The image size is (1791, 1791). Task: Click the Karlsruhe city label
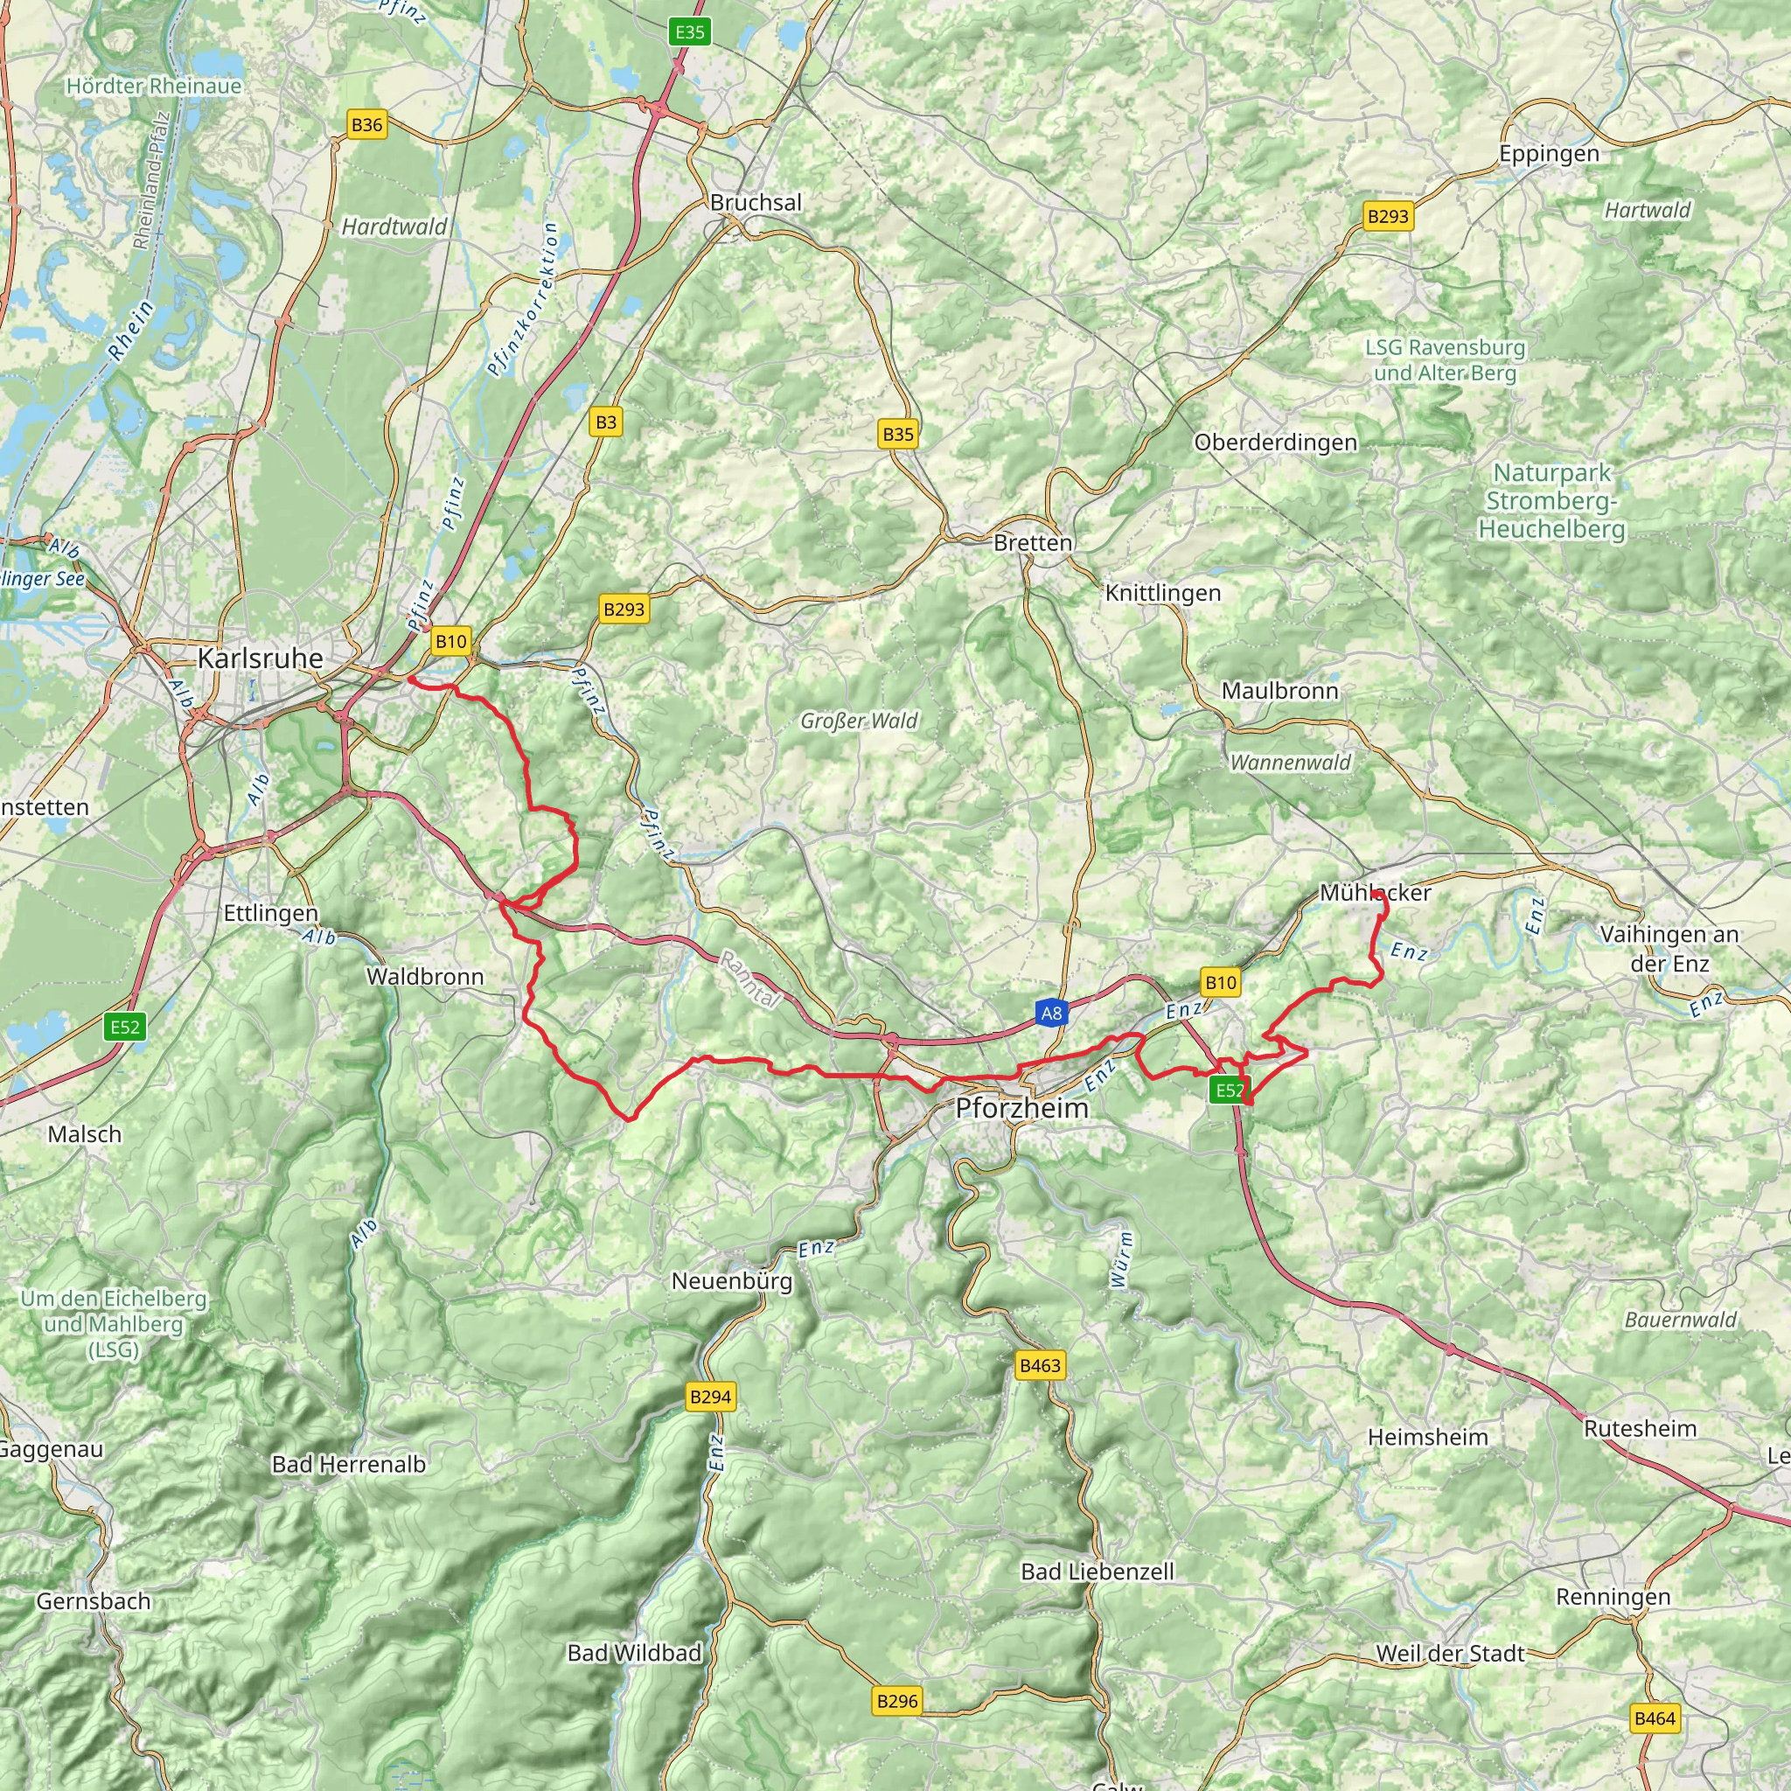(261, 659)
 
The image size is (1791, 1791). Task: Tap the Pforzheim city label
(1021, 1108)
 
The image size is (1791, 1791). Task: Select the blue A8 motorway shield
(1051, 1014)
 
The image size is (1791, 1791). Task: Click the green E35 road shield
(690, 32)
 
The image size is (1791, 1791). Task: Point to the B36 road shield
(367, 125)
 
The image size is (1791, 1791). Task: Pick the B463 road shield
(1039, 1365)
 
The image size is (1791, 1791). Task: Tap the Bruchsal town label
(756, 202)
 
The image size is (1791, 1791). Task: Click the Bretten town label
(1033, 542)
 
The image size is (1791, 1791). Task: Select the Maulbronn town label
(1279, 691)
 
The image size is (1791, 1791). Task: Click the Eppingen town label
(1549, 154)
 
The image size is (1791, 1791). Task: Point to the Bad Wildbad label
(634, 1653)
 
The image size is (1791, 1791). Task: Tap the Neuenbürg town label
(732, 1281)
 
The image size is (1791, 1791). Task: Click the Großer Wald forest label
(860, 721)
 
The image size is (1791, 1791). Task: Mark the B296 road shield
(897, 1701)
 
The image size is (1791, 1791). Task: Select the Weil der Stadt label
(1450, 1654)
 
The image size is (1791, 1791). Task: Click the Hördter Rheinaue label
(154, 87)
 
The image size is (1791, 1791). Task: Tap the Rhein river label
(130, 331)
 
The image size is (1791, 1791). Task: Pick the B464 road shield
(1655, 1718)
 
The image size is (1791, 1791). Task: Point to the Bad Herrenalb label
(349, 1465)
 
